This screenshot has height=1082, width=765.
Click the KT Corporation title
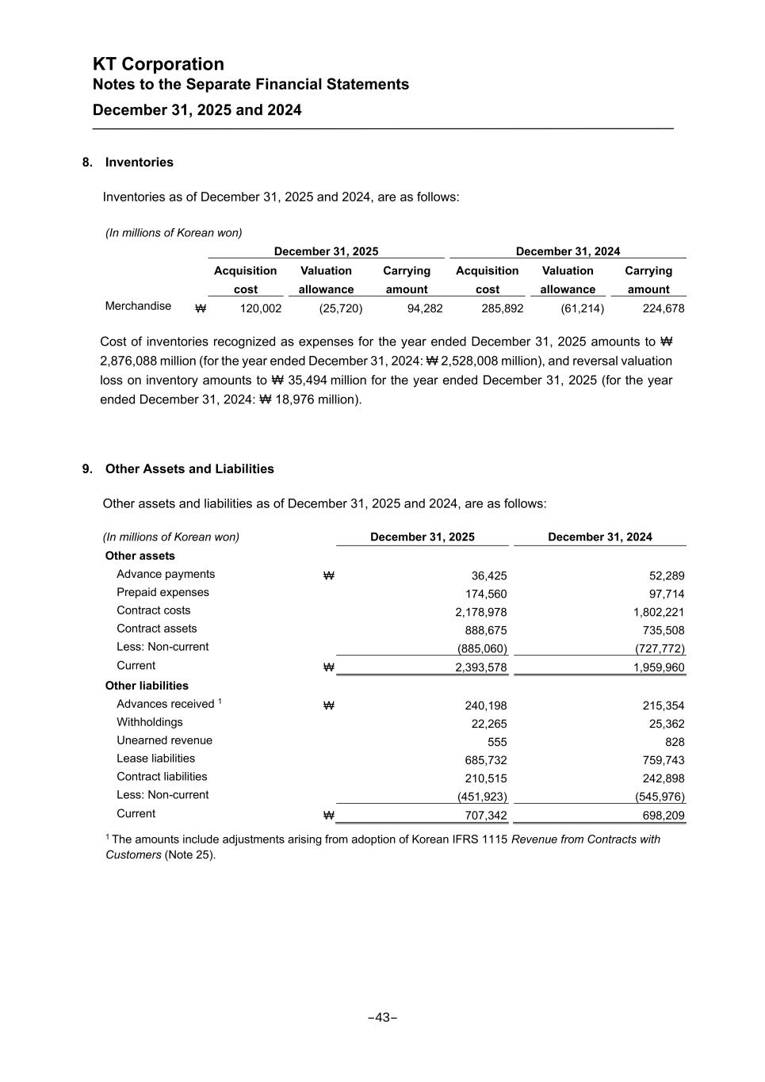(x=159, y=64)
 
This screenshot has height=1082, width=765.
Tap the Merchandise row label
(x=138, y=306)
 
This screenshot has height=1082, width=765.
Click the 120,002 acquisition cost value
(x=261, y=308)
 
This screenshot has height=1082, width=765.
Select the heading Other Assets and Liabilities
(x=189, y=469)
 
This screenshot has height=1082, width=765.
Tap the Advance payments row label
(x=166, y=574)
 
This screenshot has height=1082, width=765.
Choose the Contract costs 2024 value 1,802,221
(x=658, y=612)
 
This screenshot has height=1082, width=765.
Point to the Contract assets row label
(x=157, y=629)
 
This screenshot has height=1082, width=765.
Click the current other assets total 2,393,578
(x=480, y=667)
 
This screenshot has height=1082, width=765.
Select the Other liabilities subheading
(x=147, y=686)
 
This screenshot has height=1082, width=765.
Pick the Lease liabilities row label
(x=155, y=759)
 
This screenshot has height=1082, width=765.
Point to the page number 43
(x=383, y=1018)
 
